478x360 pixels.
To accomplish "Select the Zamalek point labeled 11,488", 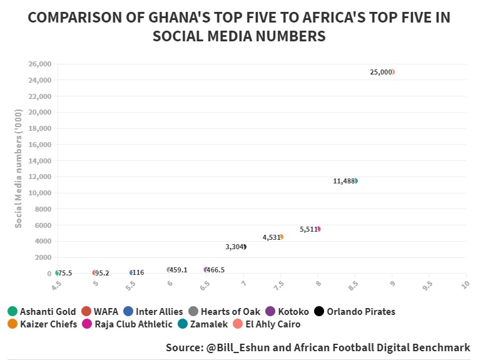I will [355, 181].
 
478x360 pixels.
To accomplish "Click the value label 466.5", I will [215, 270].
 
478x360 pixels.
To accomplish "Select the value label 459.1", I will [178, 270].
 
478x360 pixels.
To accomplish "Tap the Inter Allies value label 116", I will [138, 273].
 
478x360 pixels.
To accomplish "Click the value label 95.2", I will [102, 273].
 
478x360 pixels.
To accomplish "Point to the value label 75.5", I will [65, 273].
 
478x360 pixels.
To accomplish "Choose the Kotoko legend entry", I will [287, 311].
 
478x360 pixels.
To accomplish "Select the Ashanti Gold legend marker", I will [13, 311].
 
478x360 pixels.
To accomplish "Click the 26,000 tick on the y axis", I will [39, 64].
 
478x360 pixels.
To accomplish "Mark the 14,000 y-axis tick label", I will [39, 161].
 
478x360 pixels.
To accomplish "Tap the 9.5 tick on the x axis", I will [429, 285].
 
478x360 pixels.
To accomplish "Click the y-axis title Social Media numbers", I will [19, 168].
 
